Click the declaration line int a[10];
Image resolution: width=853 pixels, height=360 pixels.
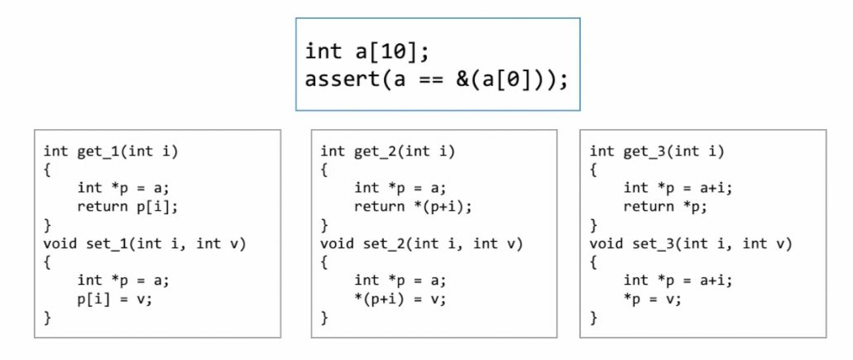[367, 51]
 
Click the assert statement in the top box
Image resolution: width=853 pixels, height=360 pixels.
[436, 80]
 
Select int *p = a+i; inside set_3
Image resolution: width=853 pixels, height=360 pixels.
[678, 280]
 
